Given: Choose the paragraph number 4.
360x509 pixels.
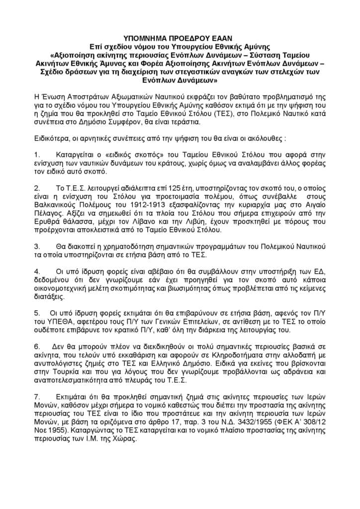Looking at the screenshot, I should pos(36,272).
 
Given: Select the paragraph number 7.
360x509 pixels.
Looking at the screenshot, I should pos(36,396).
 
